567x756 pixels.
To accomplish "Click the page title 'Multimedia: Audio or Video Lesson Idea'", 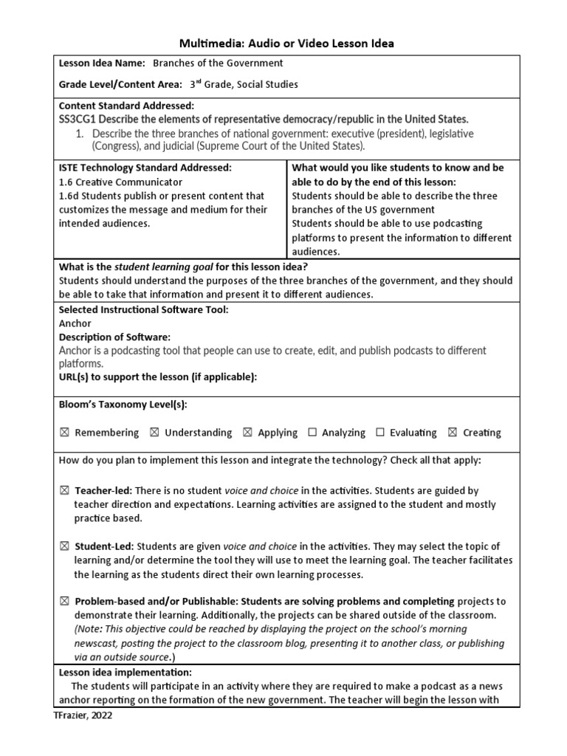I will point(283,44).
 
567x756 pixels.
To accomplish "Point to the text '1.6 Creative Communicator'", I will point(120,182).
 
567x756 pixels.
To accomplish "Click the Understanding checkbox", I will point(154,433).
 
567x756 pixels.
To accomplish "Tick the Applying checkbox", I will point(247,433).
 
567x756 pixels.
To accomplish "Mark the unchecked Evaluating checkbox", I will point(379,433).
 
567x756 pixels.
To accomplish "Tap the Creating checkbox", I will point(453,433).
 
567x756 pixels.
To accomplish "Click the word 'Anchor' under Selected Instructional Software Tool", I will point(75,323).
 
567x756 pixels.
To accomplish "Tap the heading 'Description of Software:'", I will point(114,337).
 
